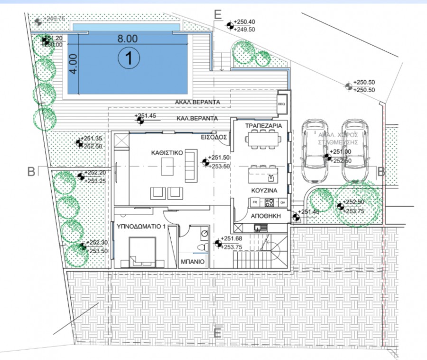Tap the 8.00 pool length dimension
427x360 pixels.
click(x=128, y=39)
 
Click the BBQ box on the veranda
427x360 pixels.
click(x=282, y=101)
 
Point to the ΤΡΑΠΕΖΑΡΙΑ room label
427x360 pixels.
click(x=264, y=126)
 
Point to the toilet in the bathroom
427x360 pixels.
click(x=204, y=247)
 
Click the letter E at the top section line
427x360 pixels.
click(x=218, y=14)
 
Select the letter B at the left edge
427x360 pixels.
click(x=31, y=172)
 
